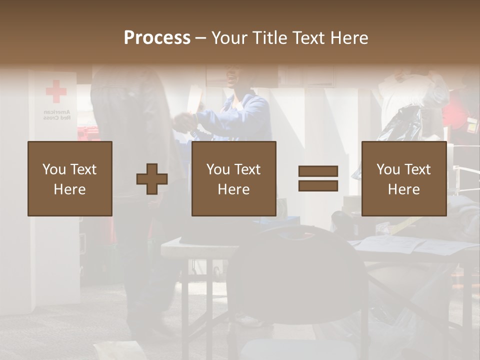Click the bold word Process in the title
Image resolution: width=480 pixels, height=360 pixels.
click(x=157, y=38)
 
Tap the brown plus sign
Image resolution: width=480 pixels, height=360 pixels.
click(x=152, y=179)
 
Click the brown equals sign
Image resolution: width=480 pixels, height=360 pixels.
click(x=318, y=178)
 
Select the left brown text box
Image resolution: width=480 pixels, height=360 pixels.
click(x=70, y=178)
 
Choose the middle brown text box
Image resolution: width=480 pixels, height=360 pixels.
click(x=233, y=178)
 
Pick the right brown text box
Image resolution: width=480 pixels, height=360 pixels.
click(x=403, y=178)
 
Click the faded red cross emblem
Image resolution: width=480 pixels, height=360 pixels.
click(x=56, y=91)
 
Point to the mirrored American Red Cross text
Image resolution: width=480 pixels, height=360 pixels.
click(x=56, y=115)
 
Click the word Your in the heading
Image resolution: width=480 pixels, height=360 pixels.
click(x=229, y=38)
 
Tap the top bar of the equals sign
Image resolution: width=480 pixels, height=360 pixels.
click(x=318, y=171)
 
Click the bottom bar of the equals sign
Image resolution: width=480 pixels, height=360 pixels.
click(x=318, y=186)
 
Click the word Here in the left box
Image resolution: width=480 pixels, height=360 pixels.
click(x=70, y=189)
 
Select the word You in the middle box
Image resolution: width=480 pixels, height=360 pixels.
click(x=218, y=169)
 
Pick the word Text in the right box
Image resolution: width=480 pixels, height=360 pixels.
click(x=418, y=169)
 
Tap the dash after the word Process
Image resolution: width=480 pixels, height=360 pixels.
click(x=201, y=38)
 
